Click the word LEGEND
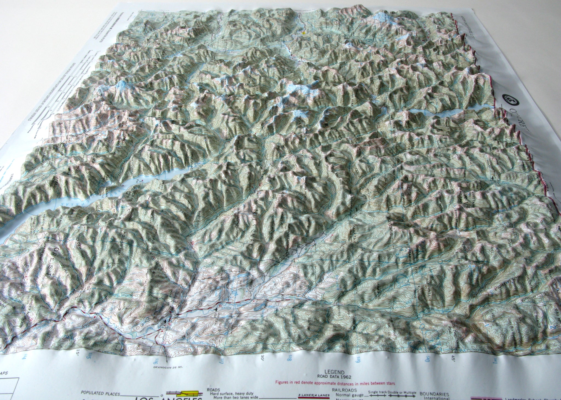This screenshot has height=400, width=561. click(334, 372)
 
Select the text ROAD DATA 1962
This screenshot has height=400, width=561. click(334, 377)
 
